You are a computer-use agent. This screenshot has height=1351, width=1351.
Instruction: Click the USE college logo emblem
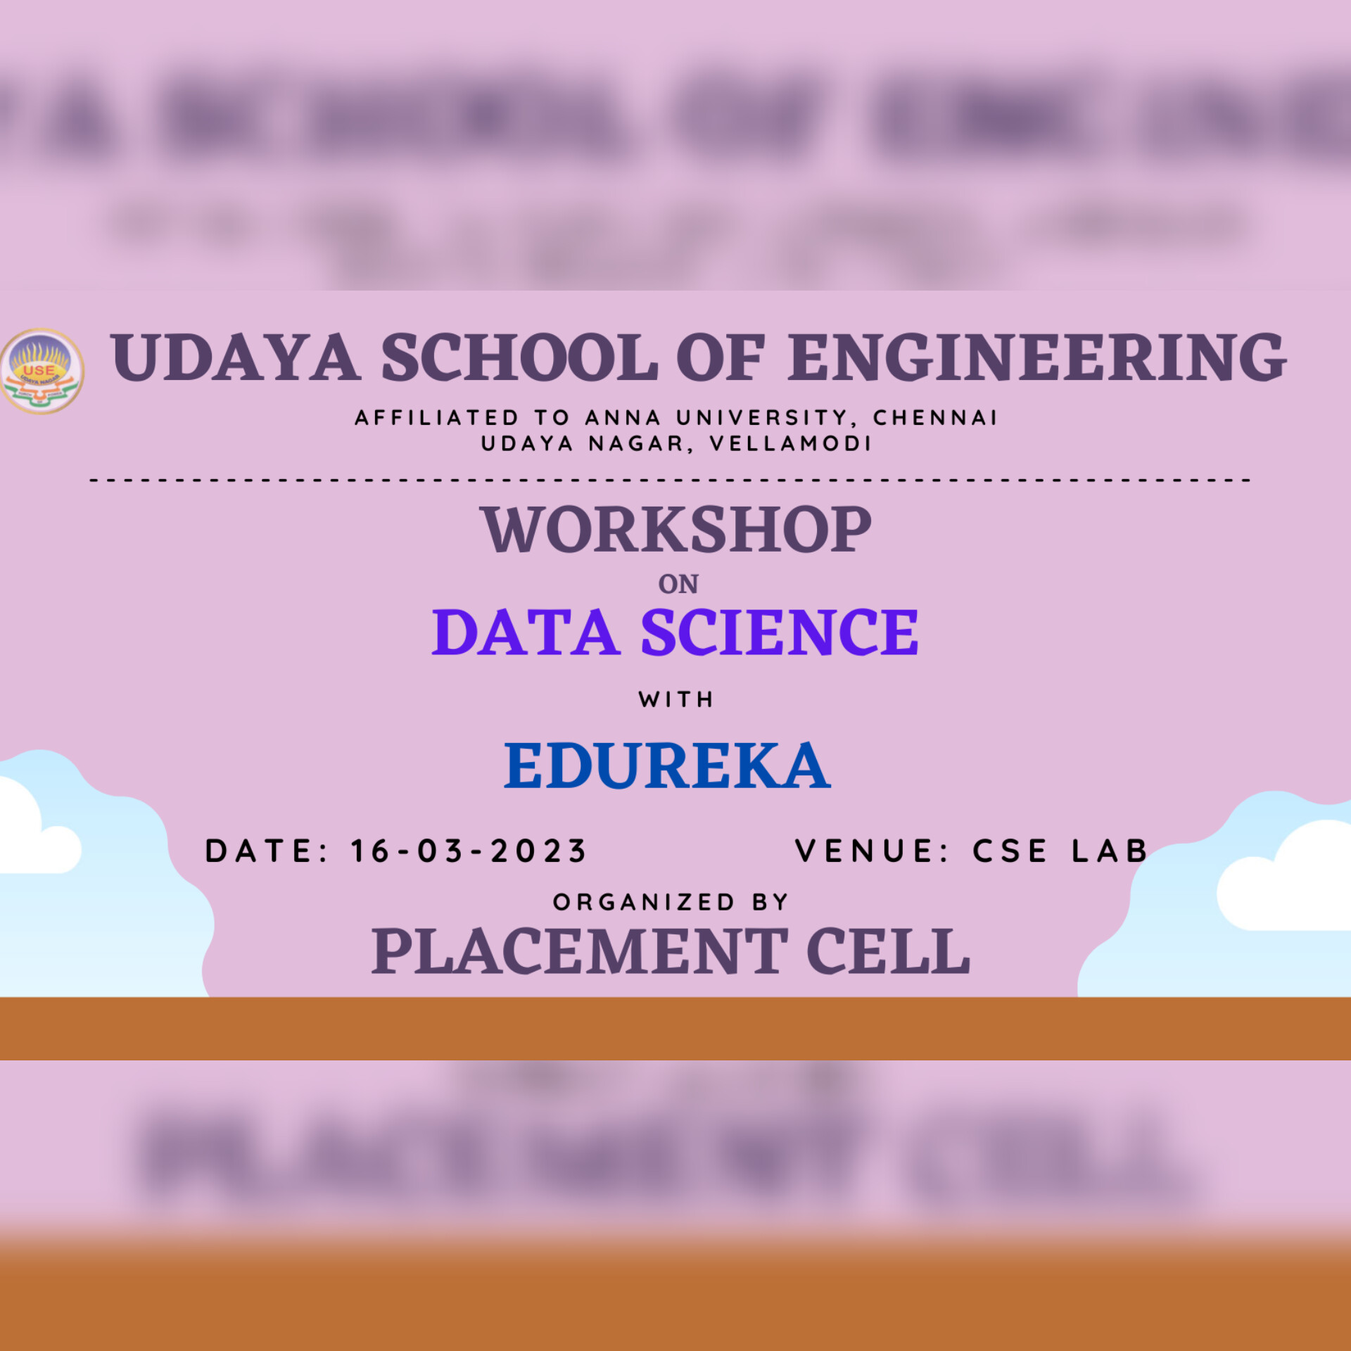(x=42, y=371)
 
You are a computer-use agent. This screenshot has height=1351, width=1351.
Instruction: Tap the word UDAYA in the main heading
(x=236, y=358)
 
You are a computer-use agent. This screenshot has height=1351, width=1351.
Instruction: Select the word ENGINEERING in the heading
(x=1038, y=358)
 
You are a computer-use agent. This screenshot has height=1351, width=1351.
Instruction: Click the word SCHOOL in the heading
(x=519, y=358)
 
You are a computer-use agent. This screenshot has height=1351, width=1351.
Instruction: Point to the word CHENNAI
(x=935, y=418)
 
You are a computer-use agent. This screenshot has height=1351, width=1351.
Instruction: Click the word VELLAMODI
(x=791, y=444)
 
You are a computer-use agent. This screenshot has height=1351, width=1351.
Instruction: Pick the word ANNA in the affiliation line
(x=623, y=418)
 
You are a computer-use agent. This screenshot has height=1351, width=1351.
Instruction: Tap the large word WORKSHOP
(x=676, y=530)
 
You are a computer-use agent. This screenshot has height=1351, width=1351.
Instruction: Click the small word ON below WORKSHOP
(x=678, y=584)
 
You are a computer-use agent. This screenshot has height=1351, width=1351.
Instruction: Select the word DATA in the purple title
(x=526, y=633)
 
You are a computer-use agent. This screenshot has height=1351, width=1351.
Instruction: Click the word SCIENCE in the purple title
(x=780, y=633)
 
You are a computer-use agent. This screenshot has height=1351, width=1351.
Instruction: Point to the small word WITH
(x=676, y=699)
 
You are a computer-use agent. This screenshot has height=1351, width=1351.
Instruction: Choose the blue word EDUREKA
(x=668, y=766)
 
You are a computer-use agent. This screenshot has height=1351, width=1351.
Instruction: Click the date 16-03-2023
(x=469, y=851)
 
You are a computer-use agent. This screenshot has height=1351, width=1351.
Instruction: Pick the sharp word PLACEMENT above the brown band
(x=580, y=951)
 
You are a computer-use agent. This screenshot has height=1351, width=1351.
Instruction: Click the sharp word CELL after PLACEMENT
(x=889, y=951)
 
